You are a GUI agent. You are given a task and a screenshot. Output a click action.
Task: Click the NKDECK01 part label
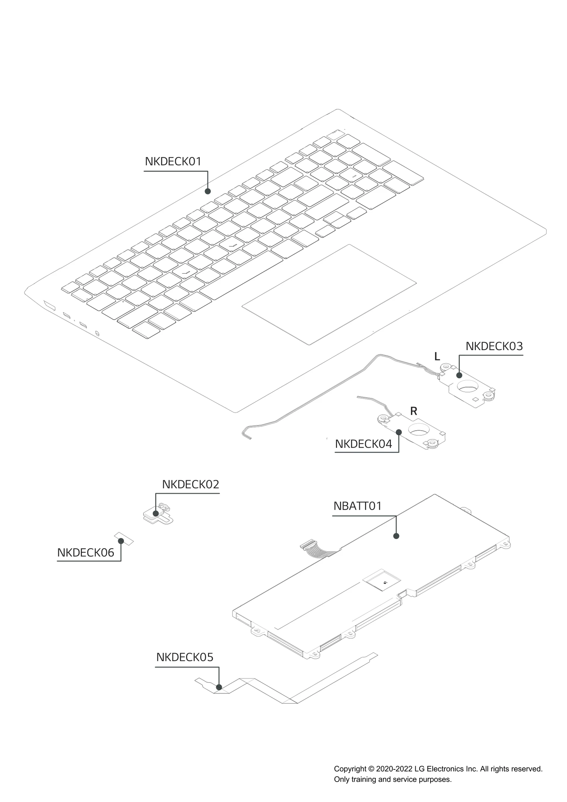(x=173, y=162)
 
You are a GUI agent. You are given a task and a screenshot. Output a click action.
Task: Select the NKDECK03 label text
(x=494, y=346)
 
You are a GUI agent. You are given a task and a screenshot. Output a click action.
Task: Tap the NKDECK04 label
(x=364, y=444)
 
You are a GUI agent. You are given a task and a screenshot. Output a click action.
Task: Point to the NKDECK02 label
(x=191, y=484)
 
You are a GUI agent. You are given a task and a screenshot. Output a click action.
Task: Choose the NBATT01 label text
(x=358, y=506)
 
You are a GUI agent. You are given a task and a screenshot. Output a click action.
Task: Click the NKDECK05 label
(x=185, y=657)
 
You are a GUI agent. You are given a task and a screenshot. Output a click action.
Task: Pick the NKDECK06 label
(x=86, y=553)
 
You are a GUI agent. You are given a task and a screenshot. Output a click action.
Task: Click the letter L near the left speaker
(x=437, y=357)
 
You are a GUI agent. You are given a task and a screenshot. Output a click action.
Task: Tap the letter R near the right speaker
(x=414, y=411)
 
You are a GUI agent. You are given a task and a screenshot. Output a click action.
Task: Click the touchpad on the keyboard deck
(x=329, y=294)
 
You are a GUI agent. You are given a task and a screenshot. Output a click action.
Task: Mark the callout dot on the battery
(x=396, y=536)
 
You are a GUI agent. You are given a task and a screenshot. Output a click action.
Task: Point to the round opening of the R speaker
(x=419, y=430)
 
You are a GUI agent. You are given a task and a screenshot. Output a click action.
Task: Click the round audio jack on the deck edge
(x=97, y=333)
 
